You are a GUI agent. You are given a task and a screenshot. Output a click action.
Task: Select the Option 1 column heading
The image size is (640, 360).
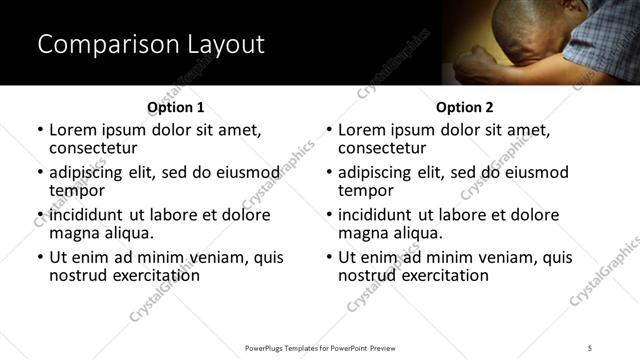pos(176,107)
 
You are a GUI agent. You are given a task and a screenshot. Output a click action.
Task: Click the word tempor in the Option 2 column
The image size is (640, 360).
pos(366,191)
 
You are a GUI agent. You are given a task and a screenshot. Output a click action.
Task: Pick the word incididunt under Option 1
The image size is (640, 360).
pos(90,215)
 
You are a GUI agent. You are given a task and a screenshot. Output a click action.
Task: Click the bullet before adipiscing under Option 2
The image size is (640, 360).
pos(328,172)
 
